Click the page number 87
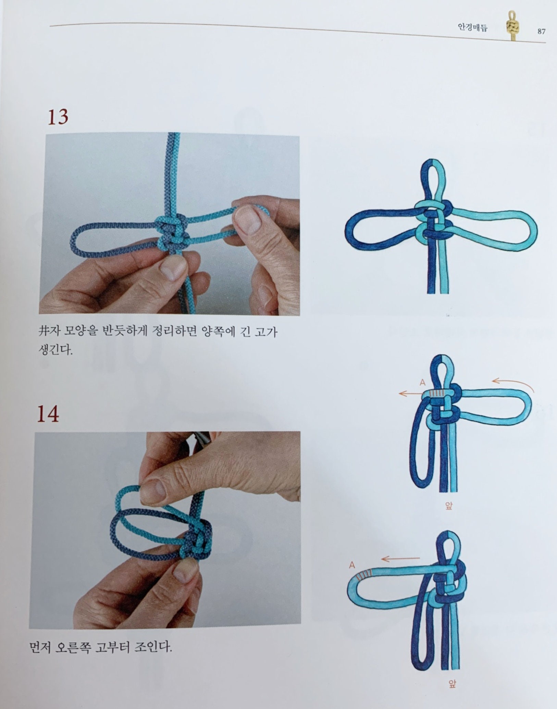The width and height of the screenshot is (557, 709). coord(541,32)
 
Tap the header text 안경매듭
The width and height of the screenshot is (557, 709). coord(472,28)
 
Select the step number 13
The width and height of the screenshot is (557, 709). coord(58,117)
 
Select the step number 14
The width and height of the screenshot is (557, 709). coord(48,414)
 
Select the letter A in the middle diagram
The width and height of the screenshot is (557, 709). coord(422,383)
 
